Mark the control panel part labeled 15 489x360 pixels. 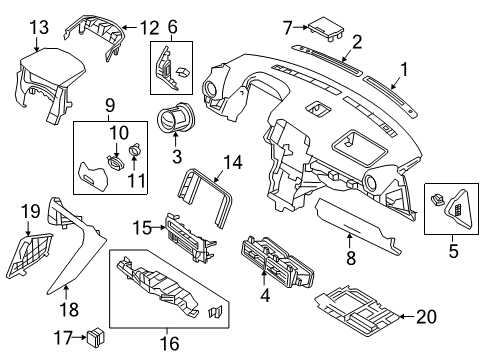click(188, 235)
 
